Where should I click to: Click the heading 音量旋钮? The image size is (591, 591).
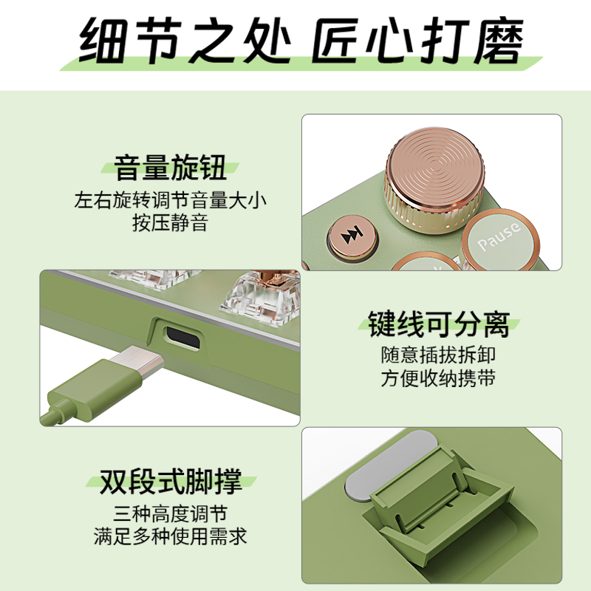[170, 168]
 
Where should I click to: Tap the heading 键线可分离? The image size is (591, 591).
[439, 324]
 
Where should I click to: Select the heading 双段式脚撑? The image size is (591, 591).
[171, 481]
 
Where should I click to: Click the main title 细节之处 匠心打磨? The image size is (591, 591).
[301, 41]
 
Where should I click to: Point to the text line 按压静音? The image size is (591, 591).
[170, 223]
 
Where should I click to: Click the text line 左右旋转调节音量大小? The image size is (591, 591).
[170, 199]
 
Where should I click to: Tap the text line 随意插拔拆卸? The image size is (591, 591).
[438, 355]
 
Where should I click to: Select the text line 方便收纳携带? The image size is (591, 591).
[438, 378]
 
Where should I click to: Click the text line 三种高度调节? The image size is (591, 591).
[171, 513]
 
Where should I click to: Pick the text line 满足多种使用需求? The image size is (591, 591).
[171, 536]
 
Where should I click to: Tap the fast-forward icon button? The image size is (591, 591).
[352, 236]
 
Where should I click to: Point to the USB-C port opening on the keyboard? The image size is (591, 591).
[183, 338]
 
